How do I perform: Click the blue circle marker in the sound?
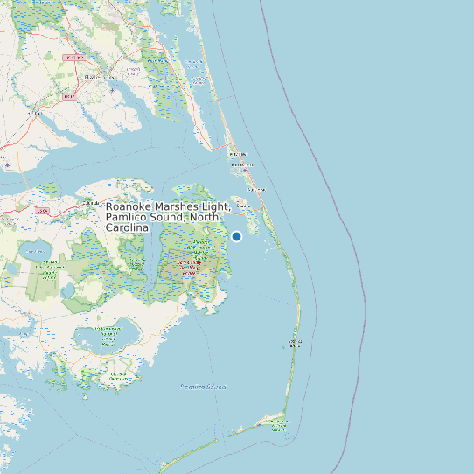[236, 236]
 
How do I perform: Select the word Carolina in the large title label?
[127, 227]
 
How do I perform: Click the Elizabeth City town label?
[94, 77]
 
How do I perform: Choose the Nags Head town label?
[256, 189]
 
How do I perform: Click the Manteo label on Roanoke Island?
[243, 206]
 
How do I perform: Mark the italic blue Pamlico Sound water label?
[203, 386]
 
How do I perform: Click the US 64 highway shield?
[43, 211]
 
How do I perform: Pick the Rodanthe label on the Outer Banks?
[295, 342]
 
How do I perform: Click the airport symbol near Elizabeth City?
[113, 88]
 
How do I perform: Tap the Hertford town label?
[35, 113]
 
